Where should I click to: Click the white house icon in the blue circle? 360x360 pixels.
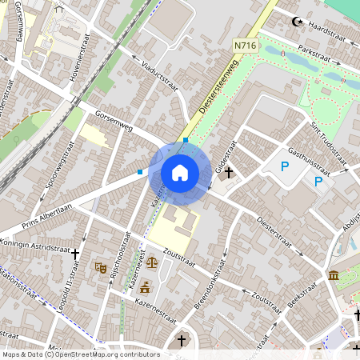point(180,173)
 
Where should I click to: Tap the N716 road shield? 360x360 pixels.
point(246,46)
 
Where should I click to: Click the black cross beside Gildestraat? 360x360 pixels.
point(229,171)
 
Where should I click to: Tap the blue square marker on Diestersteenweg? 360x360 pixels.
point(186,140)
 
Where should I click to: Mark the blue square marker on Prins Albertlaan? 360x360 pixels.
point(140,171)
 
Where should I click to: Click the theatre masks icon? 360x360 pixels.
point(101,268)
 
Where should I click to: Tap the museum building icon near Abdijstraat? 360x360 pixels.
point(333,276)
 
